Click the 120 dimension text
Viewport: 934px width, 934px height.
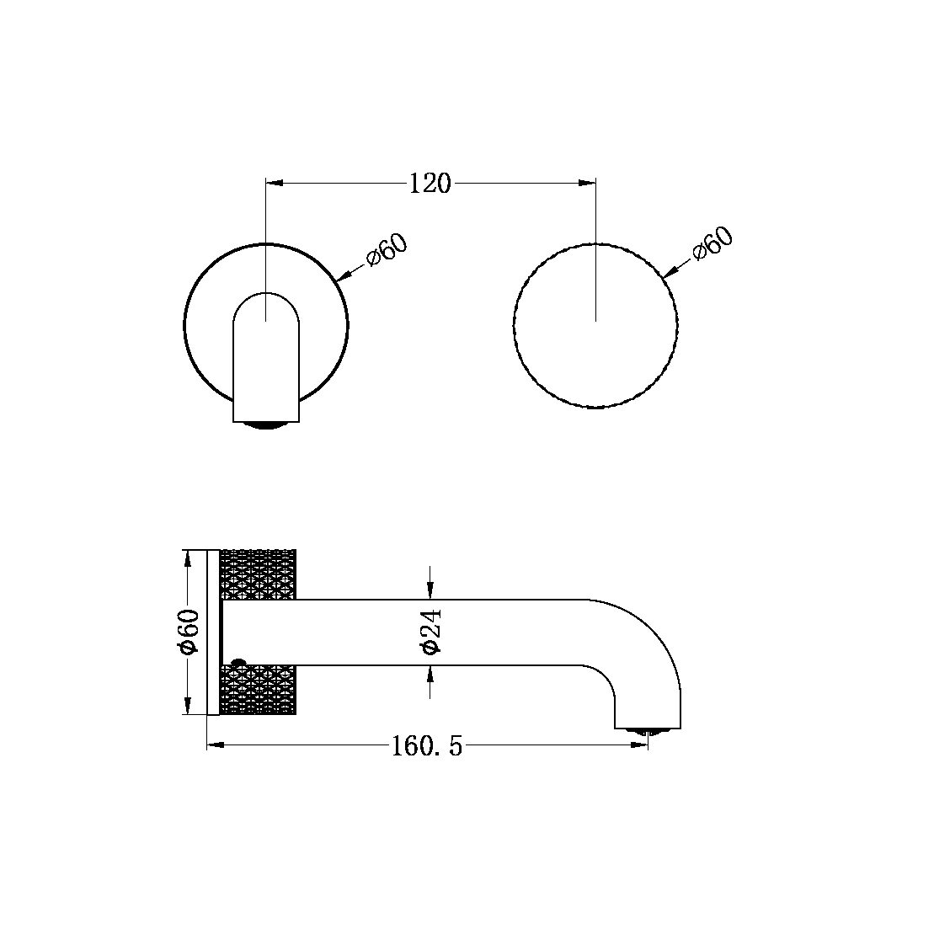tap(430, 183)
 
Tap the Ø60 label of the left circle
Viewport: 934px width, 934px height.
tap(387, 250)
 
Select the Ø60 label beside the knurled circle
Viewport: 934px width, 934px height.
tap(713, 245)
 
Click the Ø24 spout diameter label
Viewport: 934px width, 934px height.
tap(430, 632)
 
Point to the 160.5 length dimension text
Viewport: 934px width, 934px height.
tap(427, 745)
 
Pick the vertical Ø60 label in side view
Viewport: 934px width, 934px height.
tap(188, 632)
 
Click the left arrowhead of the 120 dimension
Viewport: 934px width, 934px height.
tap(273, 181)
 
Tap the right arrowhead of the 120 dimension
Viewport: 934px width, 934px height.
tap(589, 181)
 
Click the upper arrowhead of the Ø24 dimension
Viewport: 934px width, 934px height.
tap(430, 591)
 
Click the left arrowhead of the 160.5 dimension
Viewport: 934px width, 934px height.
tap(214, 745)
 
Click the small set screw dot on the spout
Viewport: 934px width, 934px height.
tap(237, 664)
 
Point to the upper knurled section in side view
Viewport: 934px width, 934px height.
tap(258, 574)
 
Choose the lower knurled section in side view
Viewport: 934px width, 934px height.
tap(258, 690)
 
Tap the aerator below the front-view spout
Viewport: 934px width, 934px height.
tap(266, 424)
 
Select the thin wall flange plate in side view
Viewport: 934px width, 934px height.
tap(213, 632)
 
